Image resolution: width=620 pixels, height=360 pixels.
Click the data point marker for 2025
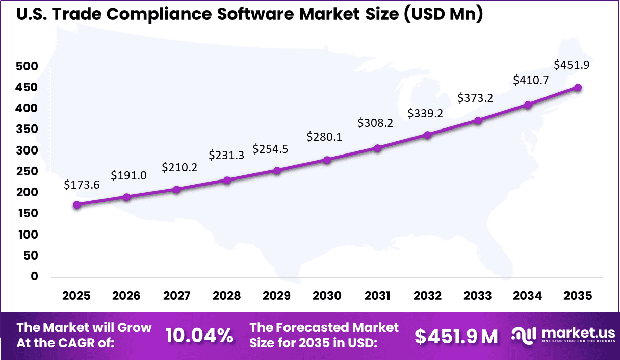tap(76, 204)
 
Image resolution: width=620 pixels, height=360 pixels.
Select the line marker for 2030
tap(327, 160)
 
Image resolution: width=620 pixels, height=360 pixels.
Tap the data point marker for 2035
tap(578, 87)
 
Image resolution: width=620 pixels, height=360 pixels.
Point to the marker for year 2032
tap(427, 135)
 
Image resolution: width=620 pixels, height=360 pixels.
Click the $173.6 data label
tap(82, 185)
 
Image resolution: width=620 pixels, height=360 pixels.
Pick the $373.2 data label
tap(475, 97)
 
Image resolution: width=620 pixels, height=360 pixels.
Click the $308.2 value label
tap(375, 123)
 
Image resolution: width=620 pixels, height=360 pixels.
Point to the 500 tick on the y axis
tap(27, 66)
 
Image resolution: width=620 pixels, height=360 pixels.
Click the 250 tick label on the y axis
tap(27, 171)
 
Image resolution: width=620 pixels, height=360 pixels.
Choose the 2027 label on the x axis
tap(176, 296)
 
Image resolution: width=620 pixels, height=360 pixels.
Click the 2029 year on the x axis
tap(277, 296)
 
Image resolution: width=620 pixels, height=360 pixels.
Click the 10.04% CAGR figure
tap(199, 336)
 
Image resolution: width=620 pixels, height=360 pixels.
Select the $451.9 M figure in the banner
tap(456, 336)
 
